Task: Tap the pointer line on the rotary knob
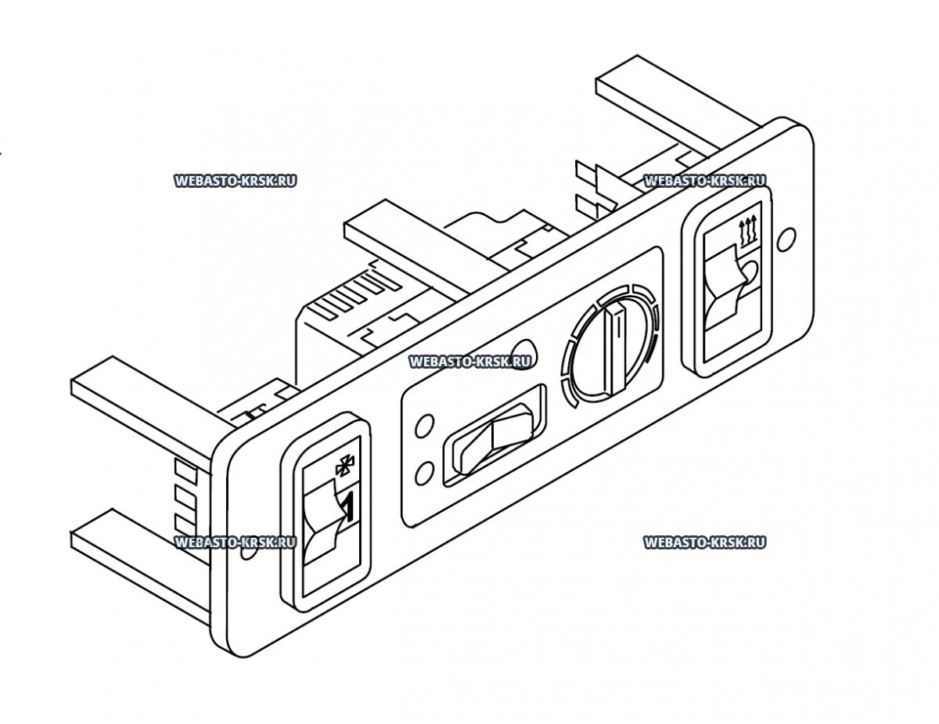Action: [617, 348]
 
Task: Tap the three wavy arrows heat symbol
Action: [748, 227]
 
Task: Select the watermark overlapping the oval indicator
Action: [470, 361]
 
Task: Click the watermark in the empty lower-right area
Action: [704, 542]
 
